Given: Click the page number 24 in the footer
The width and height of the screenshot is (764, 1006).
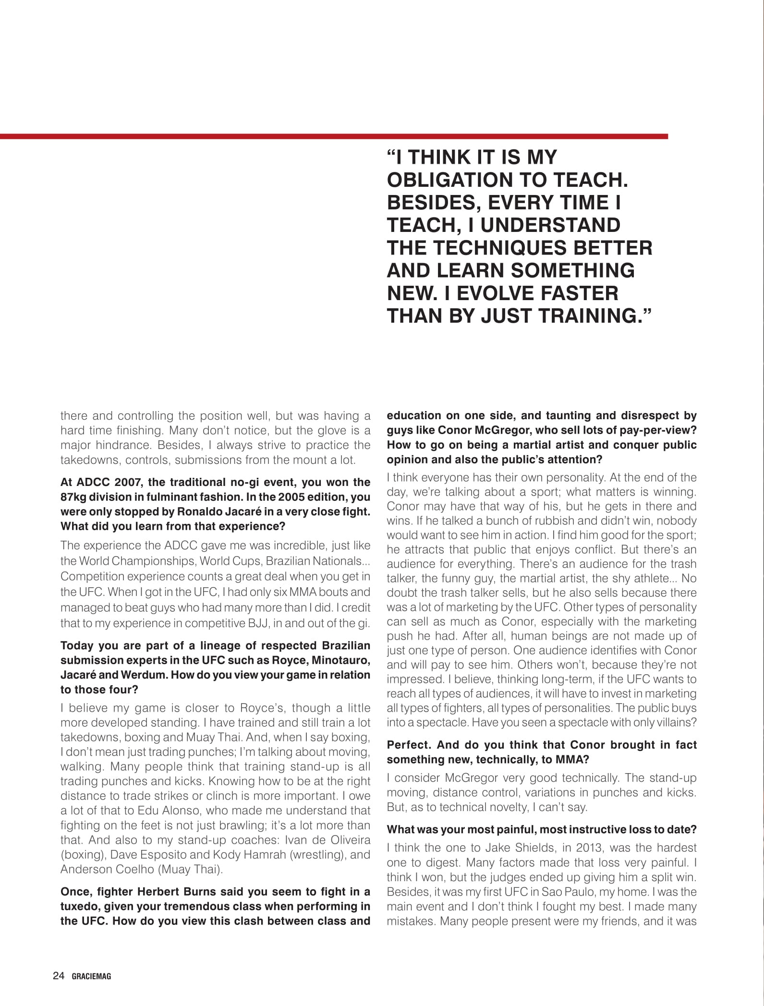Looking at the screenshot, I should (x=58, y=975).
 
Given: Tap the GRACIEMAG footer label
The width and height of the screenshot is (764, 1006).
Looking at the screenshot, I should (x=91, y=976).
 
